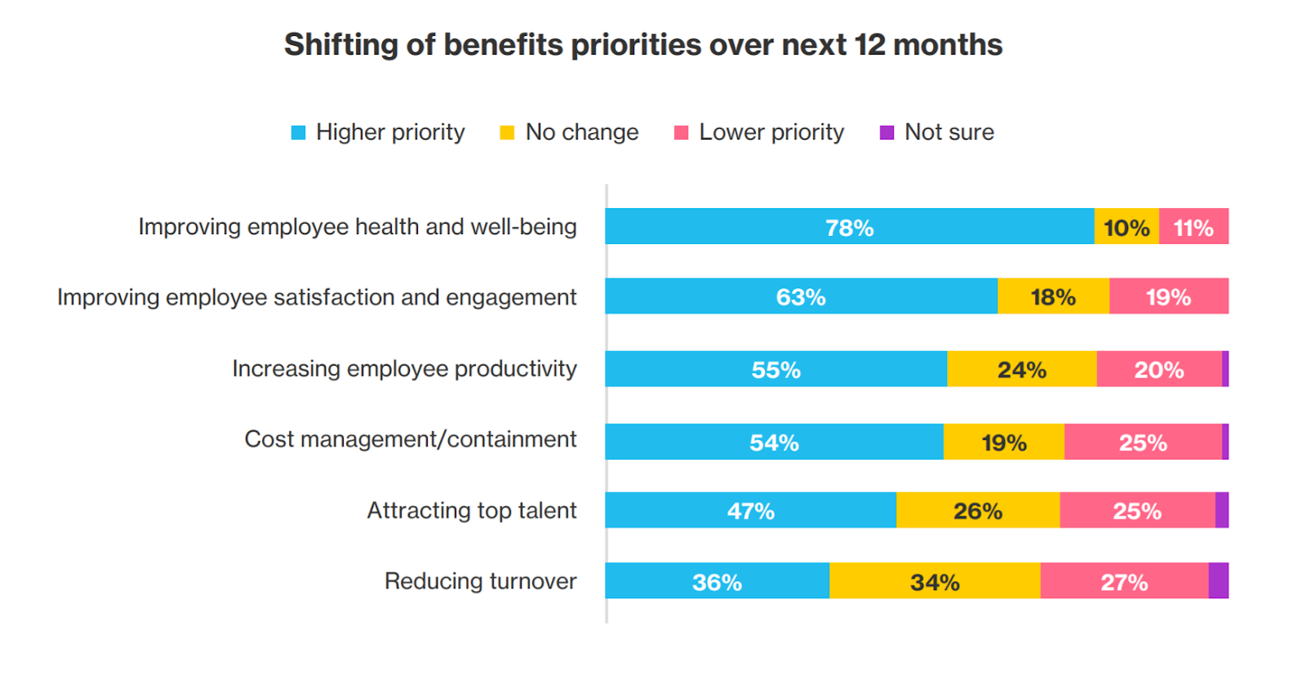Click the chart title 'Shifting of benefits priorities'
(x=642, y=45)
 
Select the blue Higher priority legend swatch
(x=298, y=132)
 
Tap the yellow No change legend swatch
(x=507, y=132)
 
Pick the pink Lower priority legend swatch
(x=681, y=132)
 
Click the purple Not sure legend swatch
(x=886, y=132)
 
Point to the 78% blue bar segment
(x=849, y=227)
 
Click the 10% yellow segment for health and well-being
(x=1126, y=227)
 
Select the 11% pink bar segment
(x=1193, y=227)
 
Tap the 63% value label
(x=801, y=297)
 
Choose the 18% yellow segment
(x=1053, y=296)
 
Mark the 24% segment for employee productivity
(x=1021, y=369)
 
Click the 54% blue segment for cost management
(x=774, y=442)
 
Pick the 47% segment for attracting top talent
(x=750, y=510)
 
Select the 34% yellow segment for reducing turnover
(x=935, y=581)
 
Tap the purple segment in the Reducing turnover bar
(x=1218, y=580)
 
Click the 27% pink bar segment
(x=1124, y=581)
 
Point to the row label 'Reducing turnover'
(x=480, y=581)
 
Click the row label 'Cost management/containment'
(x=411, y=439)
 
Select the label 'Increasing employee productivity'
(x=404, y=368)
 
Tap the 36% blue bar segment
(x=717, y=581)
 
